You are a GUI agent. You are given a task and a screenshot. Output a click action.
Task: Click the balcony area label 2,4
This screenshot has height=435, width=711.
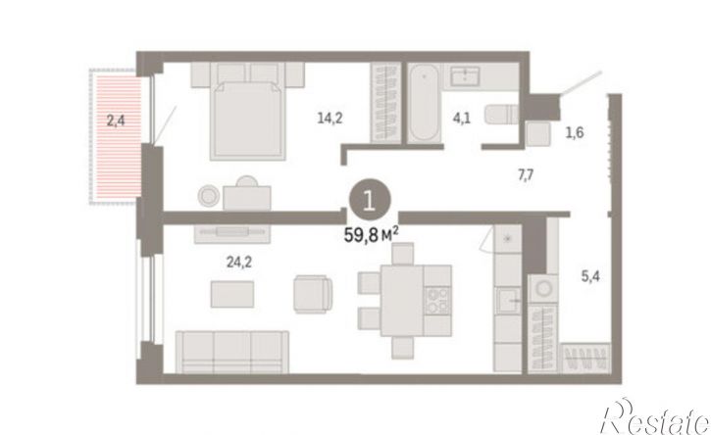tap(116, 121)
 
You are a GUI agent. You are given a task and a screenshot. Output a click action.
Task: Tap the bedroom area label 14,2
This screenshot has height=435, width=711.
tap(330, 119)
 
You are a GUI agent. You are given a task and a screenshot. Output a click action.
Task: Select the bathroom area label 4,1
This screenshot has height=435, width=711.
tap(462, 119)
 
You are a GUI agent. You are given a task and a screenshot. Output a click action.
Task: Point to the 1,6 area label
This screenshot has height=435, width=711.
tap(574, 133)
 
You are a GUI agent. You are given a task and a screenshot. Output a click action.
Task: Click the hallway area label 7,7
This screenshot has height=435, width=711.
tap(526, 174)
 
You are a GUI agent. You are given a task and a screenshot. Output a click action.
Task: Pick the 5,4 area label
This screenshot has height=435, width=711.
tap(590, 275)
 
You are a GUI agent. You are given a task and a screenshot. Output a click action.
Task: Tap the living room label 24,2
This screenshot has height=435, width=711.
tap(239, 262)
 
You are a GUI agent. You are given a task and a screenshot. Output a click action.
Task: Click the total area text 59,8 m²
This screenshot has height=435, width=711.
tap(372, 235)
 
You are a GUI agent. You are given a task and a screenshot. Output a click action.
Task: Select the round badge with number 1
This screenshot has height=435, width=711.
tap(370, 200)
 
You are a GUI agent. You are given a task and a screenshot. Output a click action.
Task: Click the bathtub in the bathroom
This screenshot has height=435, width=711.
tap(424, 103)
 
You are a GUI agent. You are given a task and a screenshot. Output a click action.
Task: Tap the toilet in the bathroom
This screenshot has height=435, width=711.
tap(501, 115)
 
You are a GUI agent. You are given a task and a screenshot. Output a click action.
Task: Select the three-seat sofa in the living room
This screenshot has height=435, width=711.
tap(232, 352)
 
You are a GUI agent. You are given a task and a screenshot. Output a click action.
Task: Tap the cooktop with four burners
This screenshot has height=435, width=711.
tap(437, 301)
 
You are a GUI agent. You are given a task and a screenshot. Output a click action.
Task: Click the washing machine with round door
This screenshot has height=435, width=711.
tap(542, 289)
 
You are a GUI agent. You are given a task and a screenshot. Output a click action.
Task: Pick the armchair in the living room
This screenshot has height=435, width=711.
tap(313, 294)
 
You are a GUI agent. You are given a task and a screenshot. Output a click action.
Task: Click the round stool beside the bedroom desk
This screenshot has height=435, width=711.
tap(209, 196)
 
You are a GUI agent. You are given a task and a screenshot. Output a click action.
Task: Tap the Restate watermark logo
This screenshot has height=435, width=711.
tap(655, 417)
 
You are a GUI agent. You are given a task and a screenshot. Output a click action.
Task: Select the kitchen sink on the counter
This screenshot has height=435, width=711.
tap(508, 300)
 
